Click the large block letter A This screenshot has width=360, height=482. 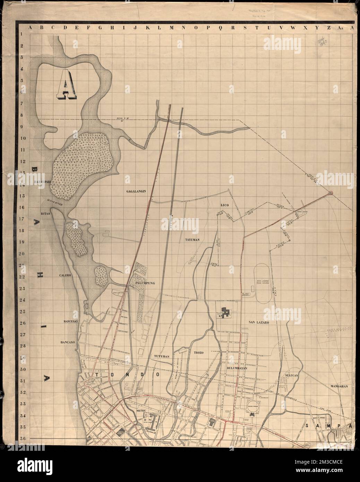[65, 85]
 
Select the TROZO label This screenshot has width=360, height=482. [199, 352]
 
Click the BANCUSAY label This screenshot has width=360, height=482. [72, 321]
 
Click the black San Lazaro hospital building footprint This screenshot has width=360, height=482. [227, 312]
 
